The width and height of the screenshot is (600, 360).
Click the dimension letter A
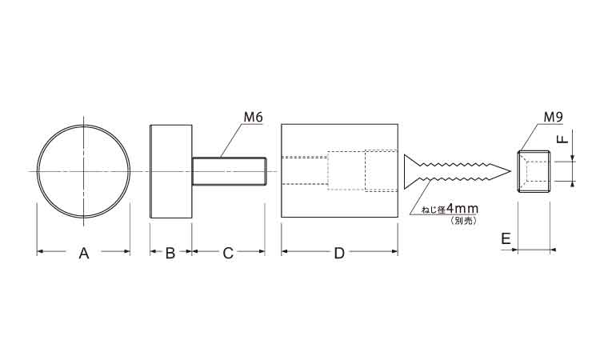coord(84,254)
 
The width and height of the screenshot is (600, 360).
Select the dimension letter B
coord(170,254)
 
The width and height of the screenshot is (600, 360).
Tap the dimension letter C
coord(228,254)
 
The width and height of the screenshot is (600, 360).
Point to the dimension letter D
coord(339,254)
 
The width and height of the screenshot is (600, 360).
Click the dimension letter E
coord(506,239)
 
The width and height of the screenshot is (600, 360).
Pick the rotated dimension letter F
coord(562,137)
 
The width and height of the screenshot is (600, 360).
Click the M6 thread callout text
coord(254,117)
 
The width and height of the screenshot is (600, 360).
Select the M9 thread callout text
coord(554,117)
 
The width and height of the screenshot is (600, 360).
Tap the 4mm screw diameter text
coord(462,209)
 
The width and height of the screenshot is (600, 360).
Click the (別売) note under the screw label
coord(464,220)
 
